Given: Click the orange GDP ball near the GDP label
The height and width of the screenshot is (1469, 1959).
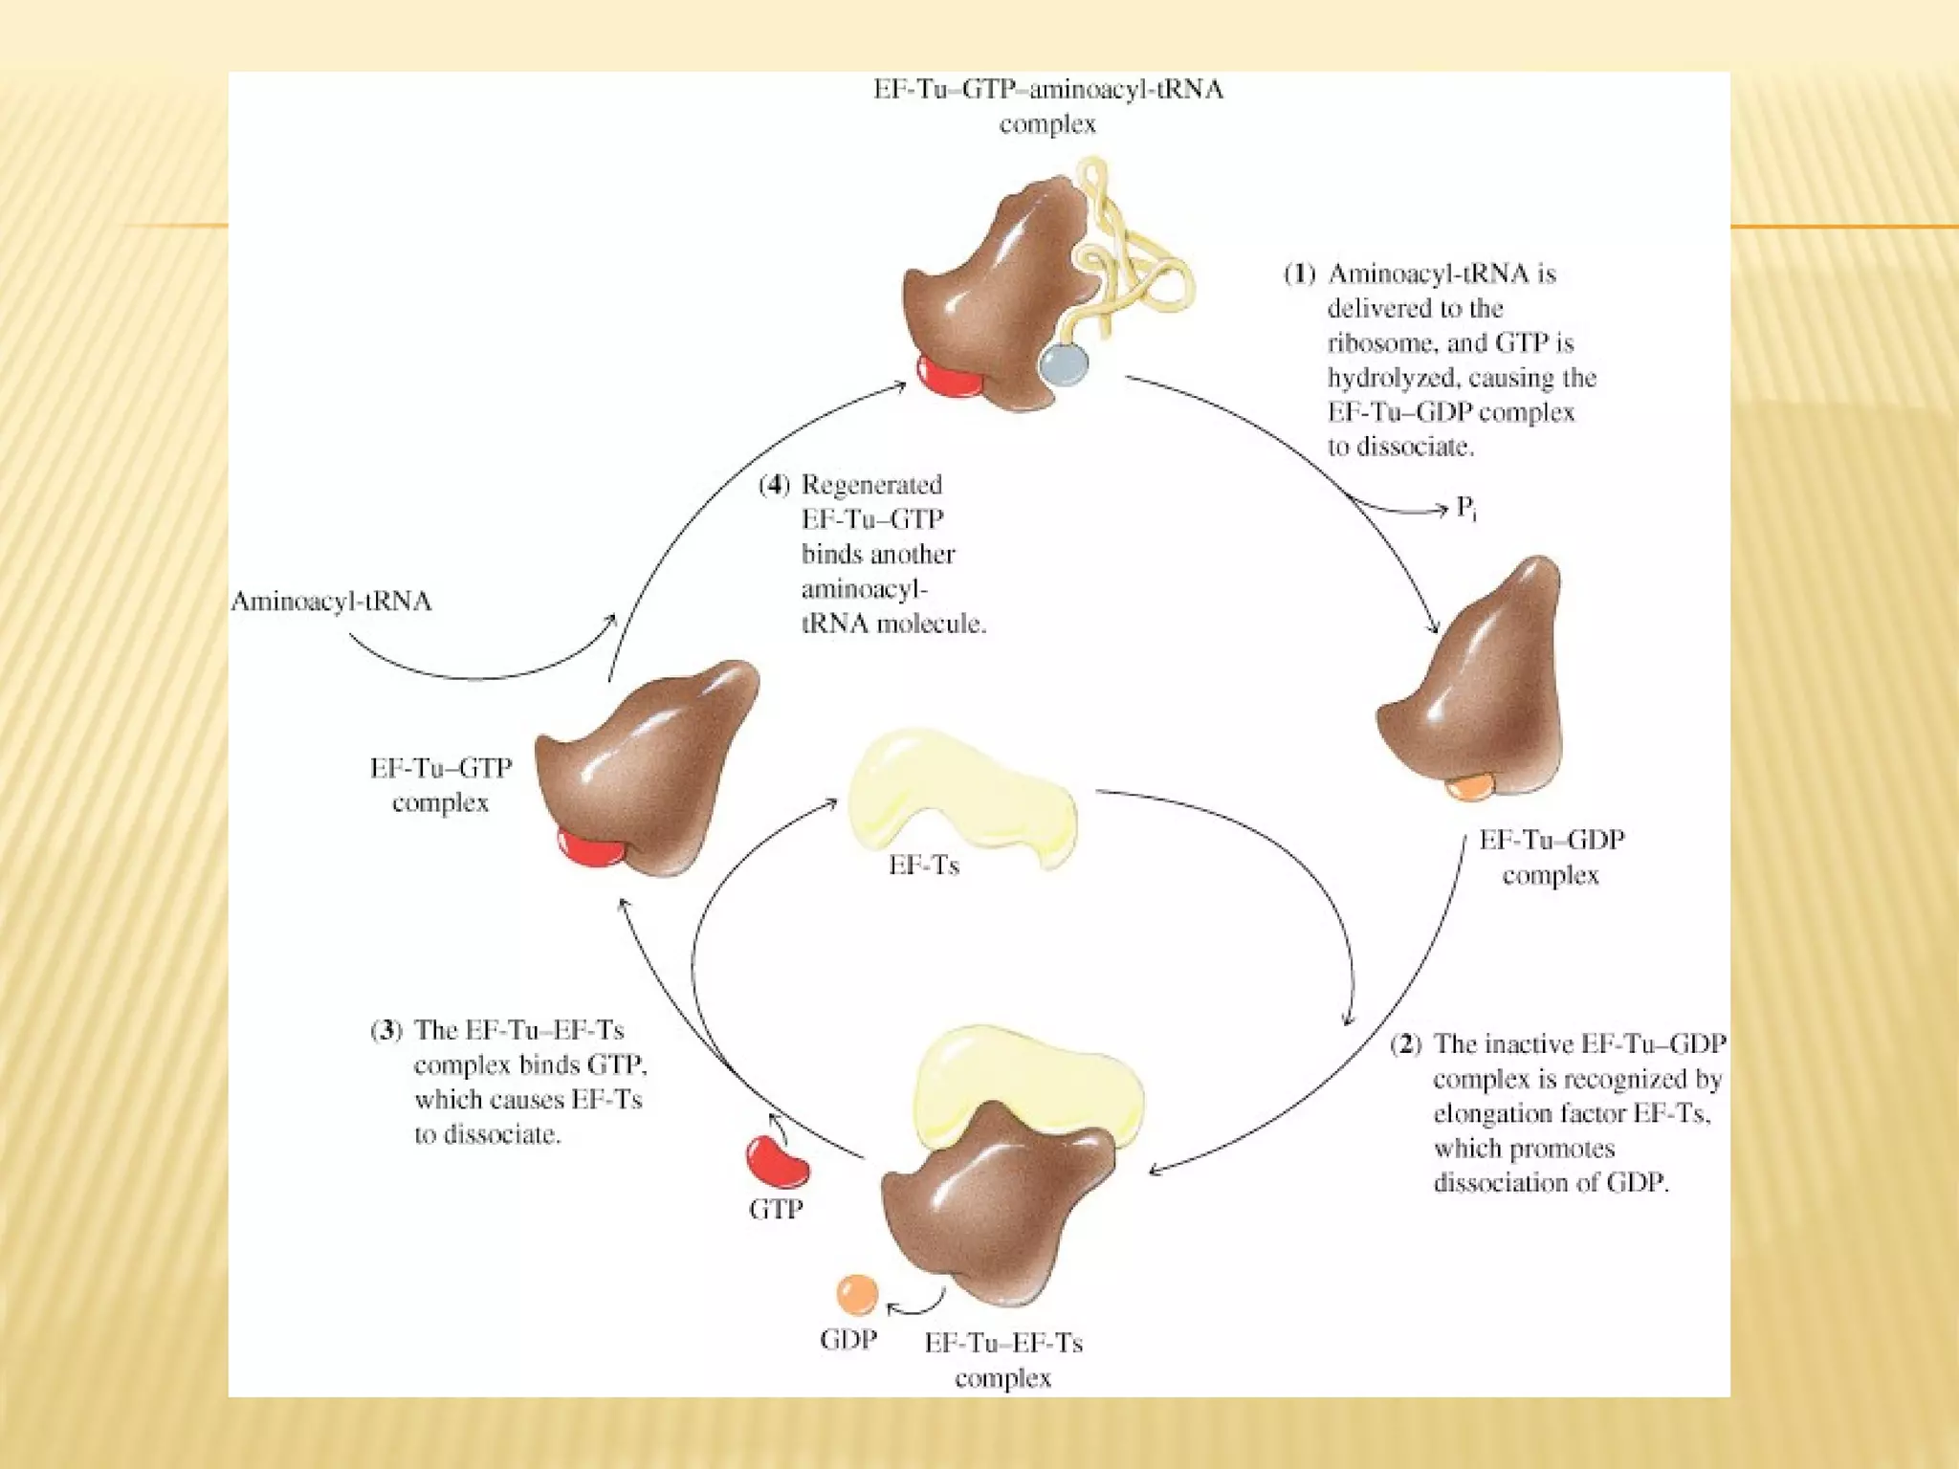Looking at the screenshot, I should click(856, 1295).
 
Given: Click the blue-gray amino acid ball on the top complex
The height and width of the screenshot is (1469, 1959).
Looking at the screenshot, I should click(1063, 364).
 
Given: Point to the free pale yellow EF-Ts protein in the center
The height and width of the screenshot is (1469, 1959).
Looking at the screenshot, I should click(961, 795).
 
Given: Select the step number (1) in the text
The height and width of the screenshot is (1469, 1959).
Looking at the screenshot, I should click(1299, 274).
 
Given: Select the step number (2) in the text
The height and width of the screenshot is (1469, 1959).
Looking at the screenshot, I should click(1406, 1044).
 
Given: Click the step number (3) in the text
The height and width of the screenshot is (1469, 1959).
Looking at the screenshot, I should click(385, 1031).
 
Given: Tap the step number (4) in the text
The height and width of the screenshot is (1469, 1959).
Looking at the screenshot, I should click(774, 485).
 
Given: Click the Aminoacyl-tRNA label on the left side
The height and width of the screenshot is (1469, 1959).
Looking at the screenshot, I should click(331, 602).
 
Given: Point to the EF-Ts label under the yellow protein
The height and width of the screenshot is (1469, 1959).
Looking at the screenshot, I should click(923, 866).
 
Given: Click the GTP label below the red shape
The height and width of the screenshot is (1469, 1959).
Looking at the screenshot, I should click(775, 1210).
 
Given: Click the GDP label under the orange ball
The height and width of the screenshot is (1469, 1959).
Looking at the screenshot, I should click(847, 1340).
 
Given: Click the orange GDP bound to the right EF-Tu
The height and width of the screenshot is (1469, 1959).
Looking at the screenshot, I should click(1470, 786).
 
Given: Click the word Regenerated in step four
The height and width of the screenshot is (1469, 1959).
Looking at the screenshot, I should click(871, 485).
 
